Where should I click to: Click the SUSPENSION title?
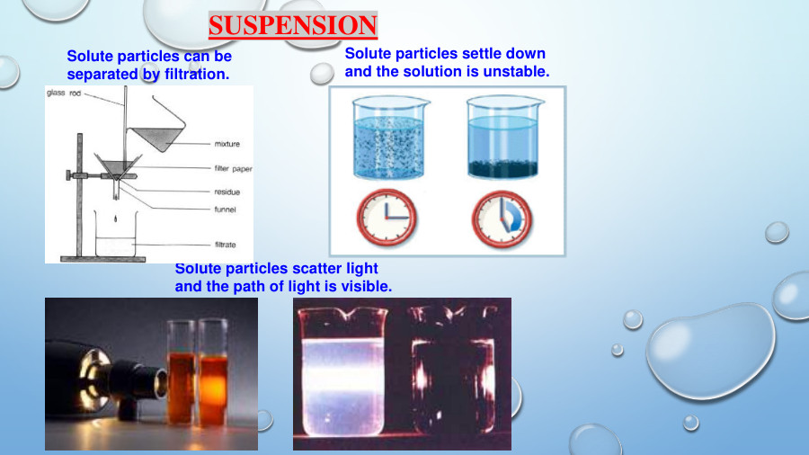click(292, 25)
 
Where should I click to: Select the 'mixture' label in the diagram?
click(227, 144)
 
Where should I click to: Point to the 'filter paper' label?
click(232, 168)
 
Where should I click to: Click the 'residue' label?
click(227, 192)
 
